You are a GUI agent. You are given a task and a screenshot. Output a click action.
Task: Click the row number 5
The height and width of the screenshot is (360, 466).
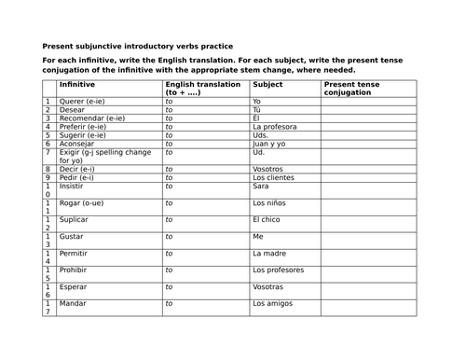tap(48, 132)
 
